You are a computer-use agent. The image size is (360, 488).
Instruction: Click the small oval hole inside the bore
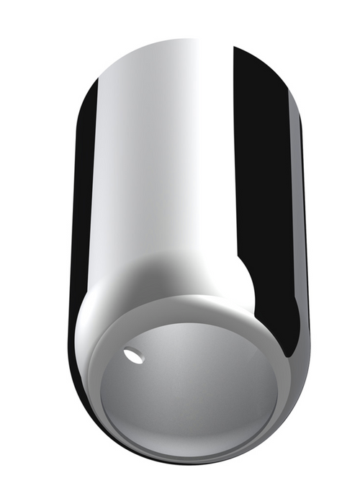[133, 354]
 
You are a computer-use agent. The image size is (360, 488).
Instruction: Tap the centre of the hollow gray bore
[191, 392]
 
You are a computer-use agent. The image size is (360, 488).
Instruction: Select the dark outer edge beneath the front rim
[194, 456]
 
